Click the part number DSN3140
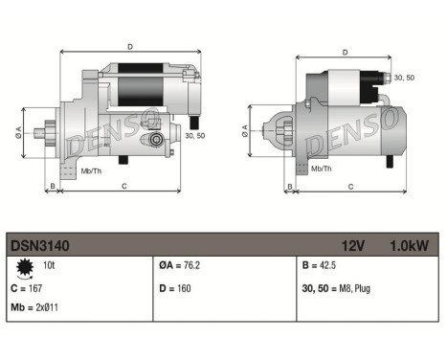pyautogui.click(x=40, y=245)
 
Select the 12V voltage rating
pyautogui.click(x=353, y=245)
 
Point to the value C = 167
pyautogui.click(x=30, y=286)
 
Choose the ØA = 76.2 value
pyautogui.click(x=183, y=266)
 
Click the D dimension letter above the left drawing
pyautogui.click(x=129, y=45)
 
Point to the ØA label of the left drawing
pyautogui.click(x=17, y=133)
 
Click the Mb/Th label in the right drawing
pyautogui.click(x=323, y=168)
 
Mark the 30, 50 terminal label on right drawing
pyautogui.click(x=404, y=78)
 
